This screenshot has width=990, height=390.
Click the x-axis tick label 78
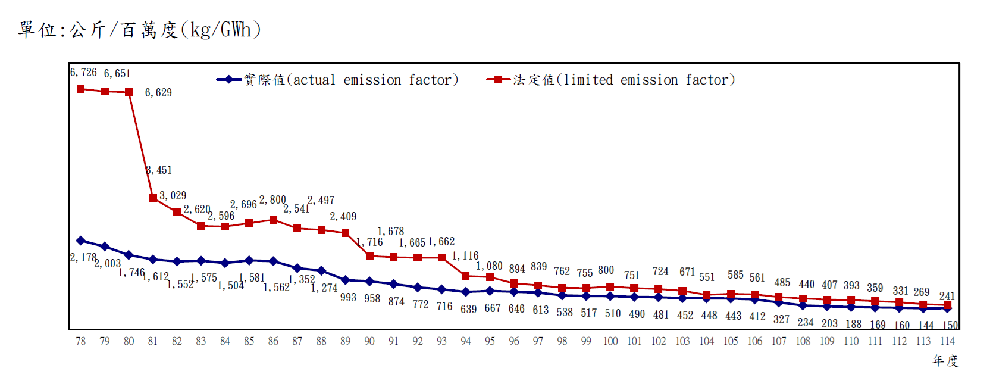[80, 341]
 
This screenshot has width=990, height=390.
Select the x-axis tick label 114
[947, 341]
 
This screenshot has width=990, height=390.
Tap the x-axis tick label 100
[610, 341]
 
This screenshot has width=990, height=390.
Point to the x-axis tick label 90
[369, 341]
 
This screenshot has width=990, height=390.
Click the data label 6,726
[83, 73]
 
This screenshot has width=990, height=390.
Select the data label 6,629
[158, 93]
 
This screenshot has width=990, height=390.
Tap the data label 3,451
[159, 170]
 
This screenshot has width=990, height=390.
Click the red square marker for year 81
[153, 198]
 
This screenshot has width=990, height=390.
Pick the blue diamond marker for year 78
[81, 241]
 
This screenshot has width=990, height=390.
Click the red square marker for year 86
[273, 220]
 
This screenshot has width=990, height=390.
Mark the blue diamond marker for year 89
[346, 279]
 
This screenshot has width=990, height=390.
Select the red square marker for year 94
[466, 276]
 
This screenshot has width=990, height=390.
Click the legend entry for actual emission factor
[338, 80]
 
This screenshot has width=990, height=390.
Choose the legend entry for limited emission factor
[612, 80]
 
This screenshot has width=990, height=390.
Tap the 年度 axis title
[945, 361]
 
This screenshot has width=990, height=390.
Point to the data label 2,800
[272, 200]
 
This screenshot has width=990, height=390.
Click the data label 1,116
[465, 256]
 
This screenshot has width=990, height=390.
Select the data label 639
[468, 310]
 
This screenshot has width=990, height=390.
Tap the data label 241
[947, 296]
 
